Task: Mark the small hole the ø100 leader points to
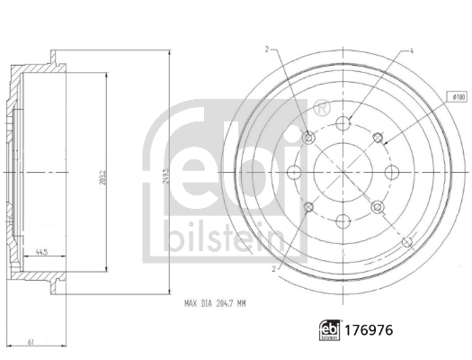[388, 138]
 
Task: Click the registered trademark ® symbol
[320, 109]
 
